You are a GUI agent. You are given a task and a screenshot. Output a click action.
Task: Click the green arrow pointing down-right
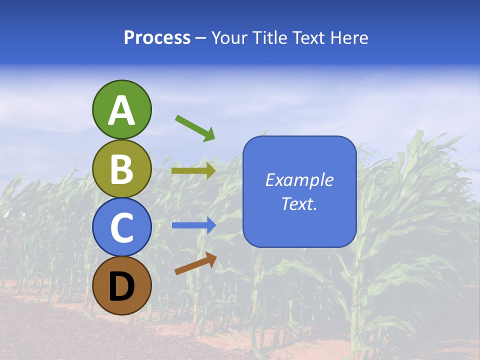tap(195, 128)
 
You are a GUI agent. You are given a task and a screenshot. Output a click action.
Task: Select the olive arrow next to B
tap(193, 171)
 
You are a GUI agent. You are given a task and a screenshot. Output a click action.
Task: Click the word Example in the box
tap(299, 180)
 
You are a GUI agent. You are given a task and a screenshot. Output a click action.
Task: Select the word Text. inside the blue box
tap(299, 204)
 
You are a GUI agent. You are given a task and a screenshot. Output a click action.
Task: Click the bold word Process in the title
tap(157, 38)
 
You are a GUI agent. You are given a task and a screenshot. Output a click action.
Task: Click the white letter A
tap(121, 110)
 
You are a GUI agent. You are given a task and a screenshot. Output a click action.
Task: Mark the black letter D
tap(121, 287)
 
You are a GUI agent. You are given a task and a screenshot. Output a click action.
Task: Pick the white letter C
tap(121, 228)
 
